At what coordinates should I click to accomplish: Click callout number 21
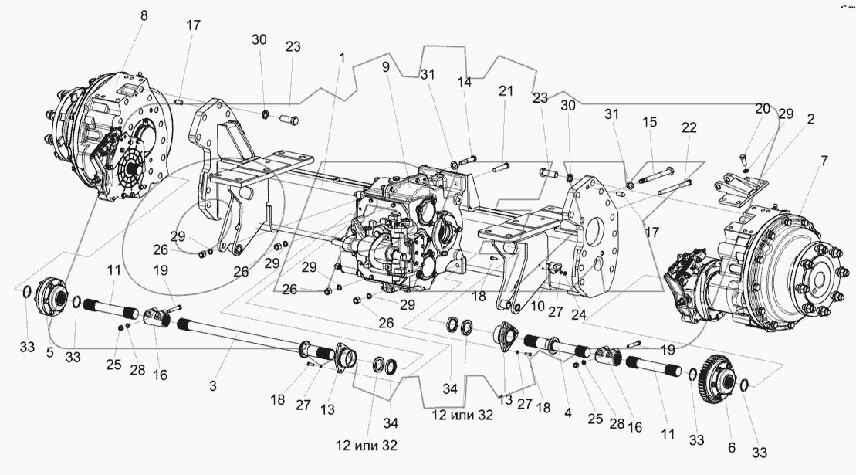tap(505, 90)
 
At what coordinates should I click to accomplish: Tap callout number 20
tap(763, 109)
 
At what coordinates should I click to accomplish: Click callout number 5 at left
tap(51, 351)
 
